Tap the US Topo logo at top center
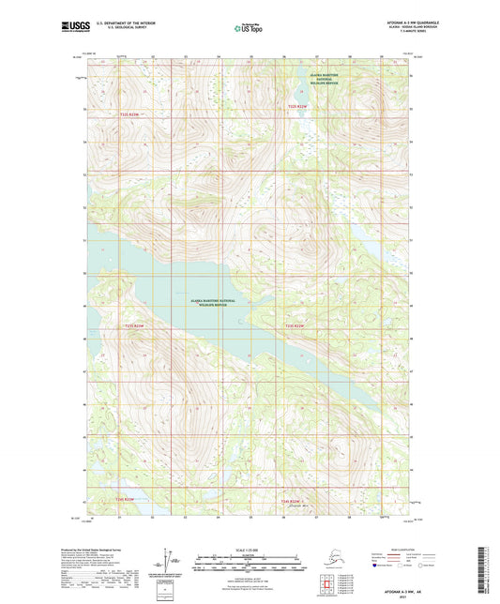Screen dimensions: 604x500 (x=248, y=29)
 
